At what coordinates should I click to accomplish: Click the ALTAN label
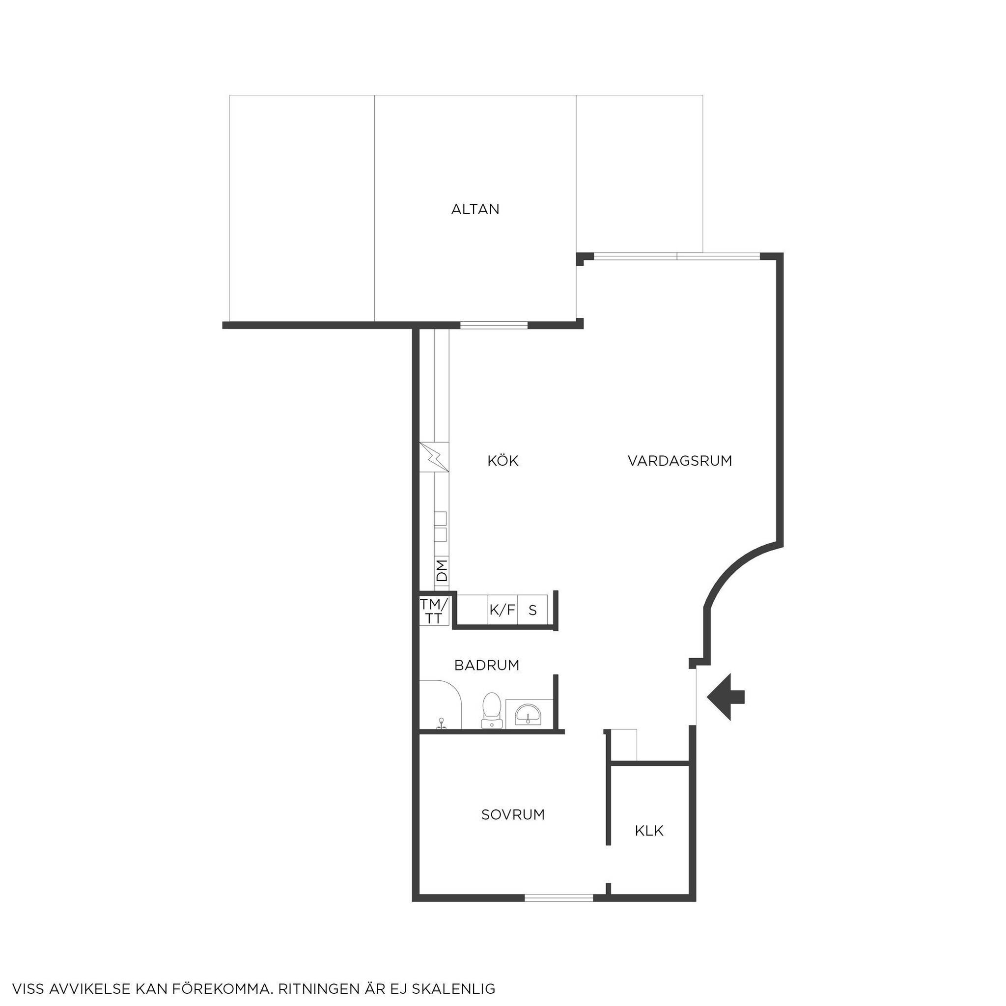click(475, 209)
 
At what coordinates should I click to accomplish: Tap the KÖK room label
click(503, 461)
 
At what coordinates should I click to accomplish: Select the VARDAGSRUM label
click(679, 461)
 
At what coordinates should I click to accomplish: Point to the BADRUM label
click(487, 665)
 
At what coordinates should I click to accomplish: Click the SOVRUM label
click(513, 814)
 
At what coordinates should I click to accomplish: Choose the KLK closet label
click(649, 831)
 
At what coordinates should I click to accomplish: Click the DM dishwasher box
click(442, 571)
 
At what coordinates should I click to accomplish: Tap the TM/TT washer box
click(434, 611)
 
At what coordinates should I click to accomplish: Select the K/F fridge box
click(503, 609)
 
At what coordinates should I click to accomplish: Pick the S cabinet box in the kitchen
click(532, 609)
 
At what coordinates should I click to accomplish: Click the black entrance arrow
click(726, 697)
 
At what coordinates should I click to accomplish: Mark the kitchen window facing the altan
click(494, 325)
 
